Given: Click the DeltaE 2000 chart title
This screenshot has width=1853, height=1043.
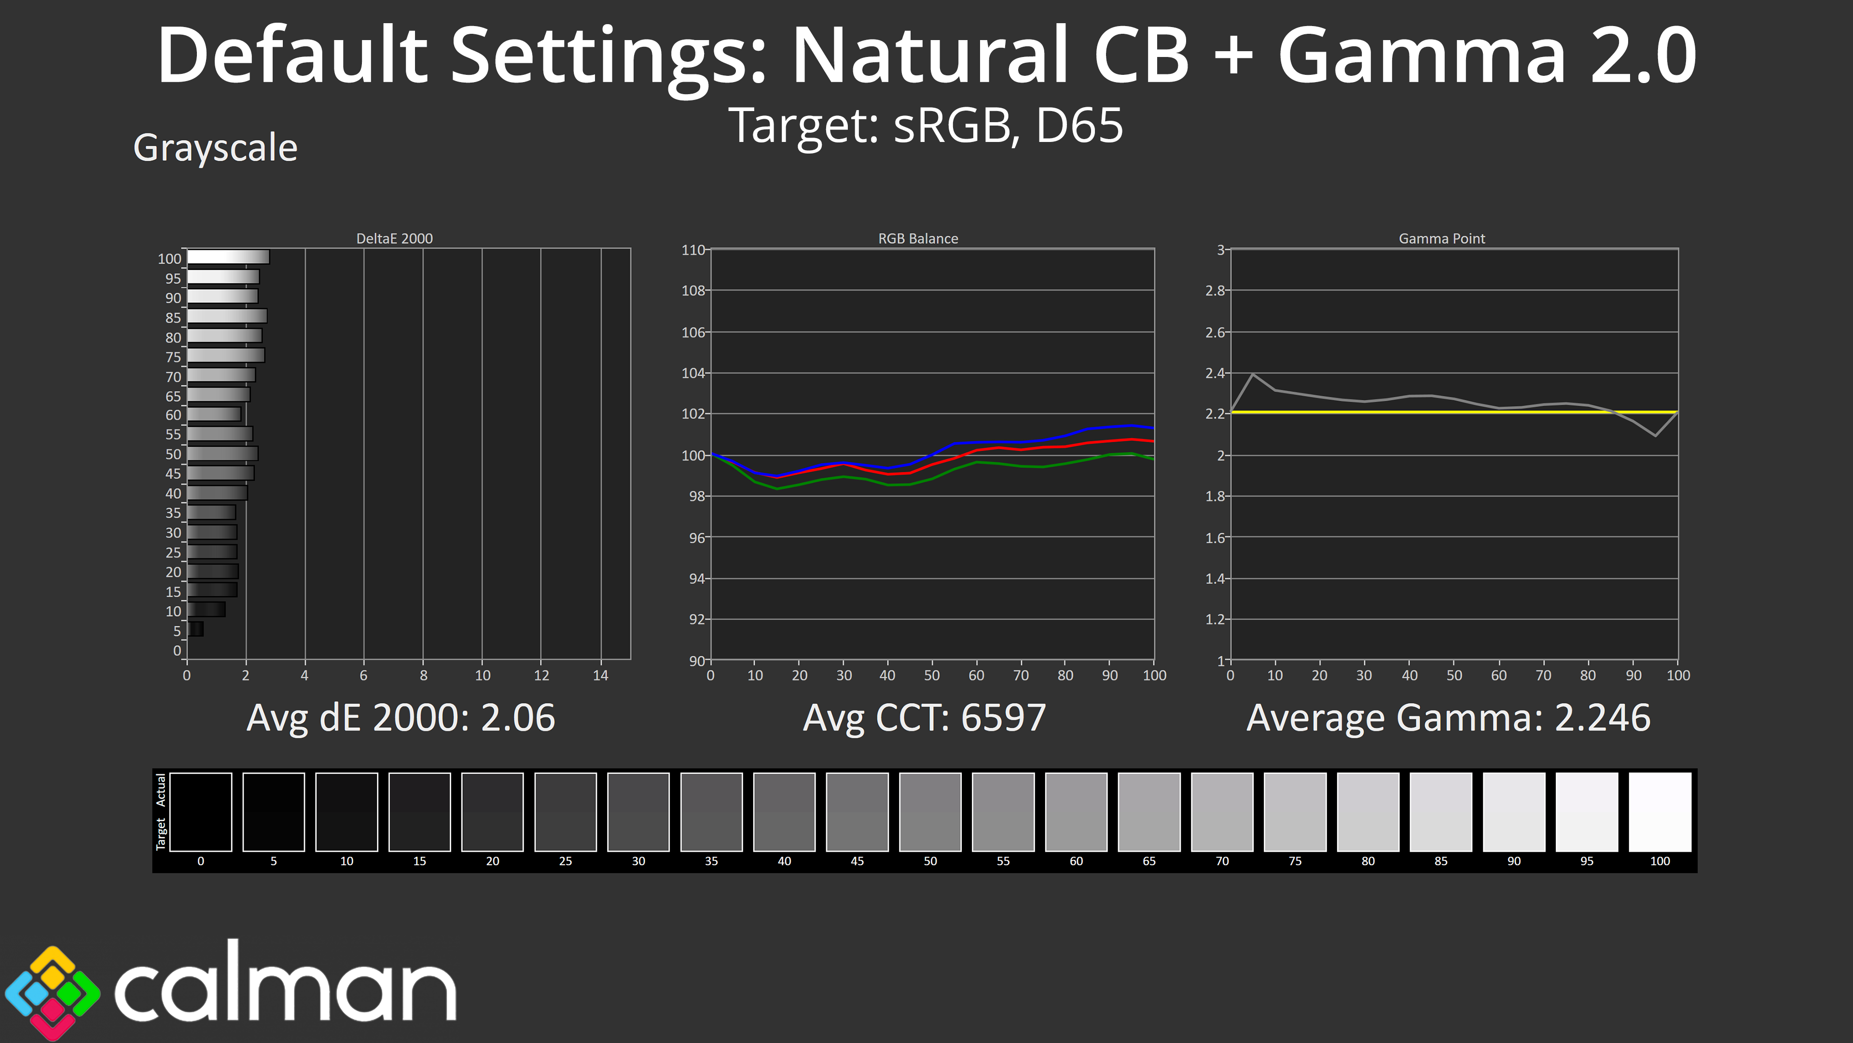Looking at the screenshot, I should click(x=394, y=238).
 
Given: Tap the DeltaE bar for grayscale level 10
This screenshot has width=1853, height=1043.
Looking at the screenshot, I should click(x=207, y=610).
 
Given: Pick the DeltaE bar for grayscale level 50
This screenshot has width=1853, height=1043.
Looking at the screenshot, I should click(x=222, y=453).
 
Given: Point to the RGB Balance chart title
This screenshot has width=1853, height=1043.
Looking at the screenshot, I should click(x=918, y=238).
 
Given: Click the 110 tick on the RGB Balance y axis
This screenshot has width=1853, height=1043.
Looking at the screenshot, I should click(x=693, y=250).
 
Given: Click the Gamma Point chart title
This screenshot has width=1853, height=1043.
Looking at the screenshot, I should click(x=1441, y=238).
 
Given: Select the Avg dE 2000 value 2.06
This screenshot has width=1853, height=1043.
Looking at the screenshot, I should click(x=518, y=718).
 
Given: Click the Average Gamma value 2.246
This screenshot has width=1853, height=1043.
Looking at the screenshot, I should click(x=1602, y=718).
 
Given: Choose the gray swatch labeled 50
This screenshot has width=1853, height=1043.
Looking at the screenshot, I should click(x=930, y=812).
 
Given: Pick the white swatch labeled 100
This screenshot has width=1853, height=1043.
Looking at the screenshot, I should click(x=1659, y=812).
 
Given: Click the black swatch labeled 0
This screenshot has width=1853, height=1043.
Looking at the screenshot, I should click(x=201, y=812).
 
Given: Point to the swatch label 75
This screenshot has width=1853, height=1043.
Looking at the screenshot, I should click(x=1295, y=861).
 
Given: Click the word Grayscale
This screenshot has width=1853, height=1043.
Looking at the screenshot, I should click(x=215, y=148).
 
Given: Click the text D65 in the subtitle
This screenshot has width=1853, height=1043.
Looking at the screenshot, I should click(x=1079, y=126).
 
